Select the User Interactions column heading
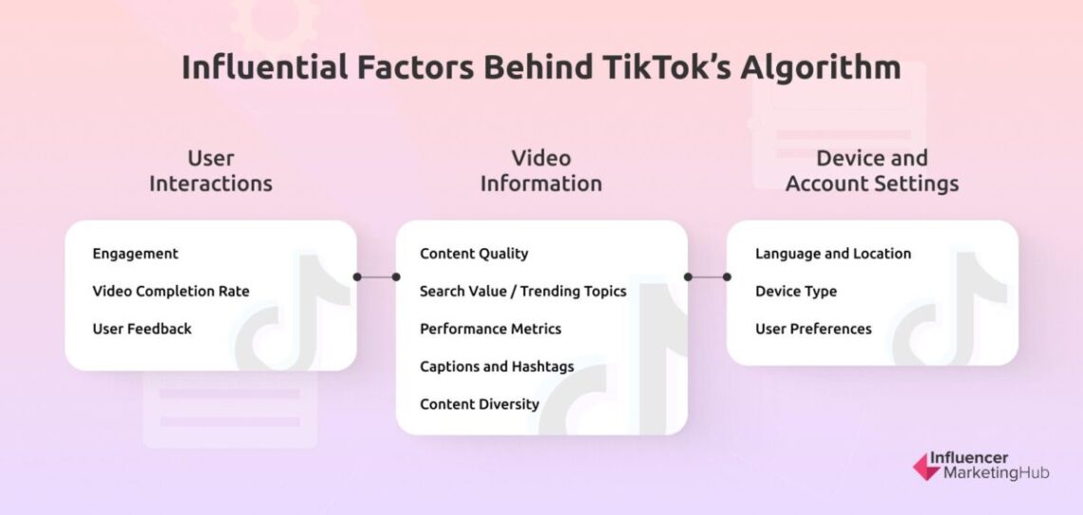[x=210, y=171]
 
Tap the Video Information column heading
[x=541, y=171]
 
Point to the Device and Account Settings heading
[x=871, y=171]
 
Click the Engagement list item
[x=135, y=254]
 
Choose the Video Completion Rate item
[x=170, y=291]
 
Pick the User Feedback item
[x=142, y=329]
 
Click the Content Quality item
[x=474, y=254]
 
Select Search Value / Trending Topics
[x=522, y=291]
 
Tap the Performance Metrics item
[x=490, y=329]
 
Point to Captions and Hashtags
[x=497, y=366]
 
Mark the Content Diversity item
[x=480, y=404]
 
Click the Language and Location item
[x=833, y=254]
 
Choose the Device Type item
[x=796, y=291]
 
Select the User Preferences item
[x=813, y=329]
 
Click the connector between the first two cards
[x=376, y=277]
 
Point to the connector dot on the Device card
[x=727, y=277]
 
